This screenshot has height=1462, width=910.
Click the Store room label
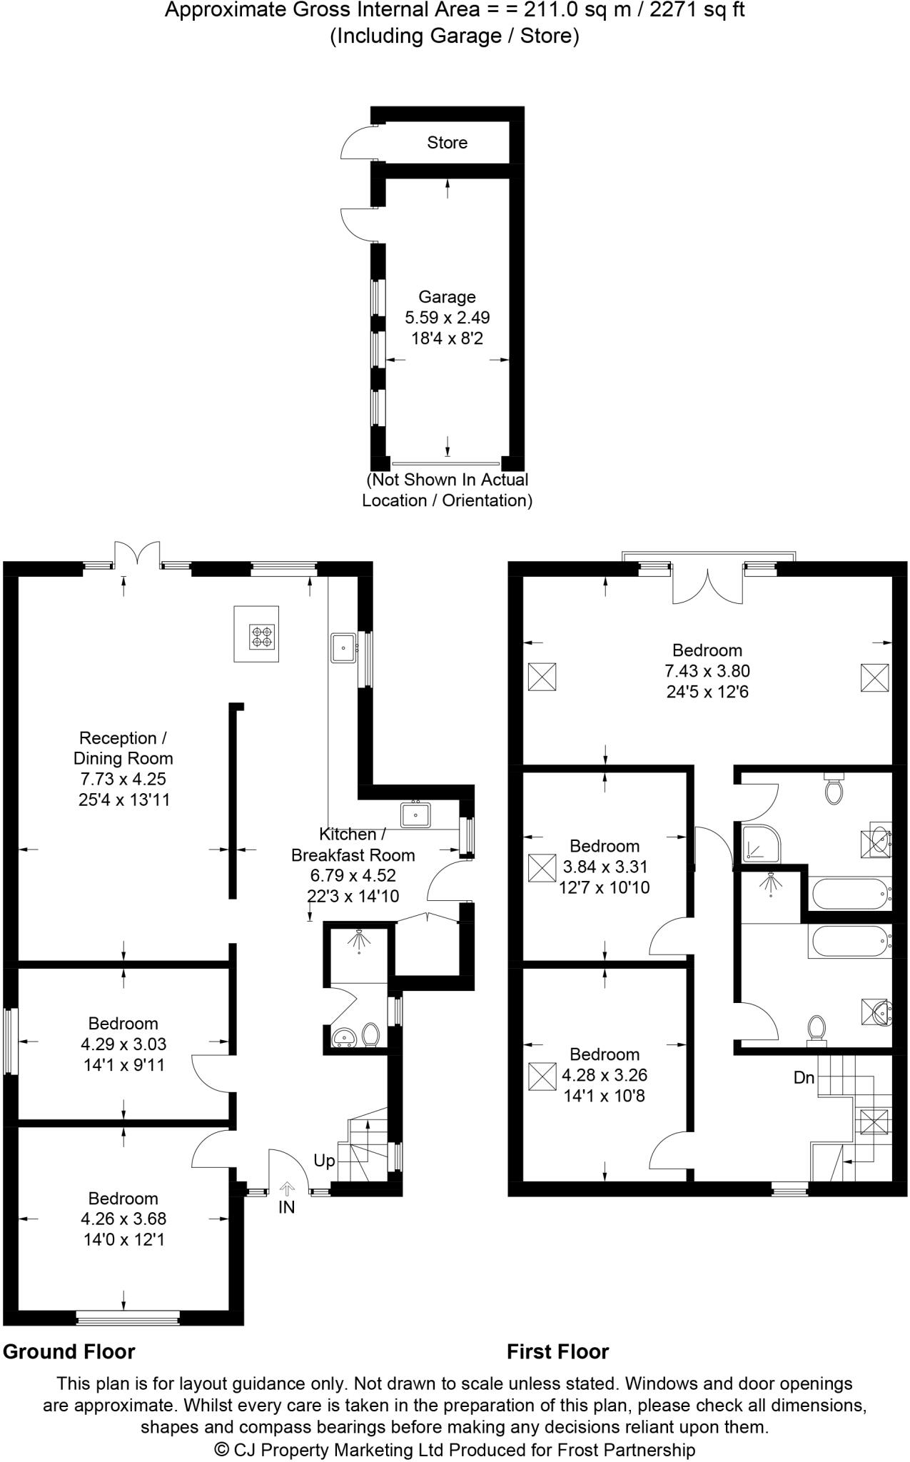[x=448, y=143]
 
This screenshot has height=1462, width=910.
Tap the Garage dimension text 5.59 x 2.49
[x=448, y=317]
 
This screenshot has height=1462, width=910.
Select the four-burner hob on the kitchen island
[x=262, y=637]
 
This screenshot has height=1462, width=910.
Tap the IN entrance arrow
[x=287, y=1188]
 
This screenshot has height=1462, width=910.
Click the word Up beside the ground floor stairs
[x=324, y=1161]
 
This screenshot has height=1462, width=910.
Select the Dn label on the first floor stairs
[x=804, y=1077]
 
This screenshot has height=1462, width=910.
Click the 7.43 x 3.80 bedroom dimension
[x=707, y=671]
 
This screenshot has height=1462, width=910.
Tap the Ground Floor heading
[x=69, y=1351]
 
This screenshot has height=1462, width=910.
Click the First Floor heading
[x=558, y=1351]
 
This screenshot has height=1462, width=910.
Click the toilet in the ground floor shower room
[x=370, y=1034]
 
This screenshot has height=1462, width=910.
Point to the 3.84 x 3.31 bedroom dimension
[x=605, y=867]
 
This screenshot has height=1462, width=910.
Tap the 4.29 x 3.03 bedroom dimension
[x=123, y=1044]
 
